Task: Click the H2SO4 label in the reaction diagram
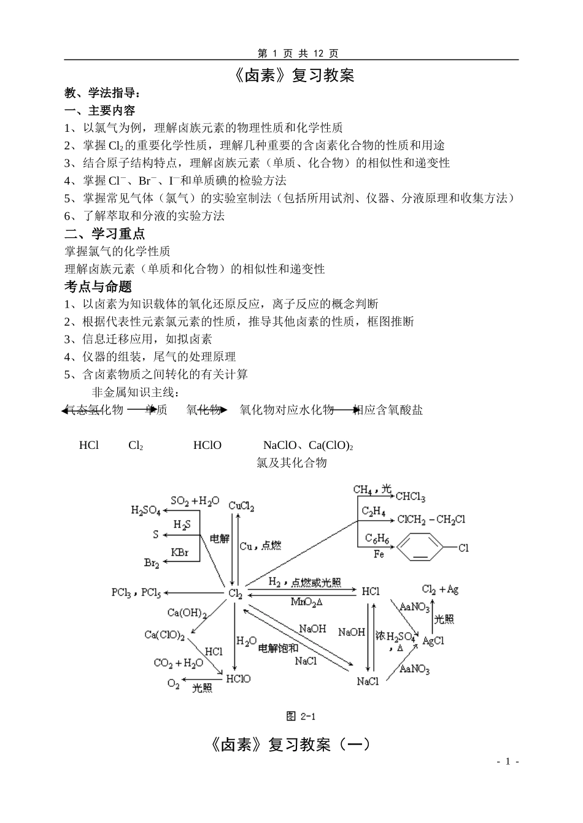tap(145, 510)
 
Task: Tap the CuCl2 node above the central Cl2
tap(241, 506)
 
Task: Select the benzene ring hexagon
tap(420, 548)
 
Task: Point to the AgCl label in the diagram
tap(433, 641)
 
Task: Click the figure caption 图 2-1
tap(300, 716)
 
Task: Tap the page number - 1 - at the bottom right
tap(508, 761)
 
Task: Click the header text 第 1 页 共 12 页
tap(298, 53)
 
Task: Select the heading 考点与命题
tap(98, 286)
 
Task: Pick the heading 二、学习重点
tap(105, 234)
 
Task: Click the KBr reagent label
tap(180, 553)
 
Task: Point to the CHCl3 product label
tap(410, 497)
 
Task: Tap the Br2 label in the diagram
tap(152, 562)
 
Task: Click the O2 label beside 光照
tap(174, 684)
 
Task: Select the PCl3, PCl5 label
tap(136, 592)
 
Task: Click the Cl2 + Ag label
tap(440, 589)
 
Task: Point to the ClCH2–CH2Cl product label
tap(431, 519)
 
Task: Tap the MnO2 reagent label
tap(306, 602)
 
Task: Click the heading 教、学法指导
tap(102, 93)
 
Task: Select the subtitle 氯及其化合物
tap(291, 463)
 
